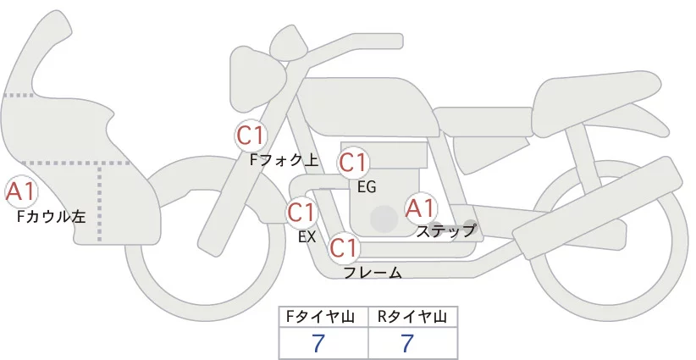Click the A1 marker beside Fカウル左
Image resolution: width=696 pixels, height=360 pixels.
[x=19, y=191]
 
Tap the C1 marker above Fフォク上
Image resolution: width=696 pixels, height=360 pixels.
[x=251, y=135]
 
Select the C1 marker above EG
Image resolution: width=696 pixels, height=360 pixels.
[x=352, y=163]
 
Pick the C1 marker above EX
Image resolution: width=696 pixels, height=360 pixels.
[x=301, y=212]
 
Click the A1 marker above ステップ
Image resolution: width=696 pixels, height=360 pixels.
[x=421, y=207]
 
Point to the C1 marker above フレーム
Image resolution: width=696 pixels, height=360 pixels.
[x=345, y=248]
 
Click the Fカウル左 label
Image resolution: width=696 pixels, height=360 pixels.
[x=52, y=217]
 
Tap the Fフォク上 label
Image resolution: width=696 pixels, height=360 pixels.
[x=284, y=158]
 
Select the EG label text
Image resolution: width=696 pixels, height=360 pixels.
[x=366, y=186]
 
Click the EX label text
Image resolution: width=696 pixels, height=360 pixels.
[x=307, y=236]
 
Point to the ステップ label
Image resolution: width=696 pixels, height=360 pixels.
[x=446, y=230]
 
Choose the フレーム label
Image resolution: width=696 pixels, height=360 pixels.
[x=373, y=272]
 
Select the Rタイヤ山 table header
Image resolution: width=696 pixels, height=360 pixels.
[x=412, y=317]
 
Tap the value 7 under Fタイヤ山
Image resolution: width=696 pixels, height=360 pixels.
[x=319, y=343]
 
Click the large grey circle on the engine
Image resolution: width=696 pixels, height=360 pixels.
[x=384, y=218]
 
